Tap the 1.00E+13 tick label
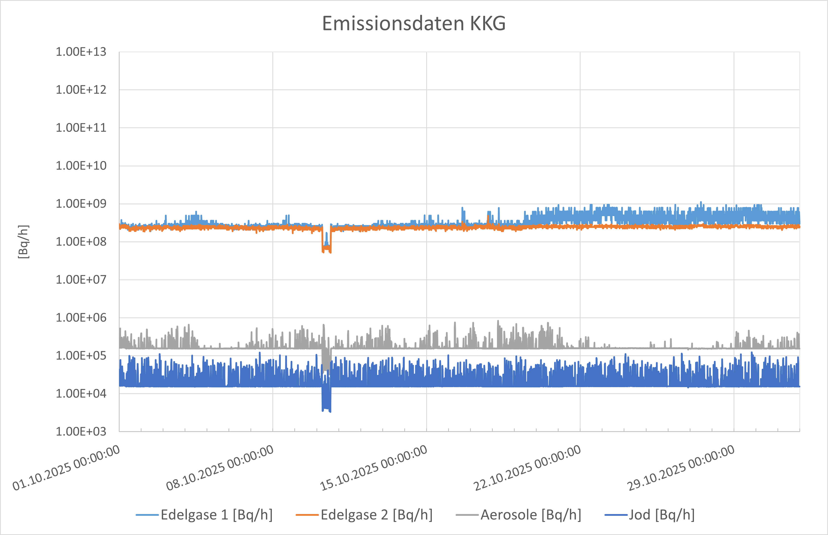[81, 52]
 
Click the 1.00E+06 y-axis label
[81, 318]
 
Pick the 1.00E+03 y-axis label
[81, 431]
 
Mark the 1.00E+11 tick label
[81, 128]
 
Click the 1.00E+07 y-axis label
[81, 280]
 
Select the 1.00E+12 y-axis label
[81, 90]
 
